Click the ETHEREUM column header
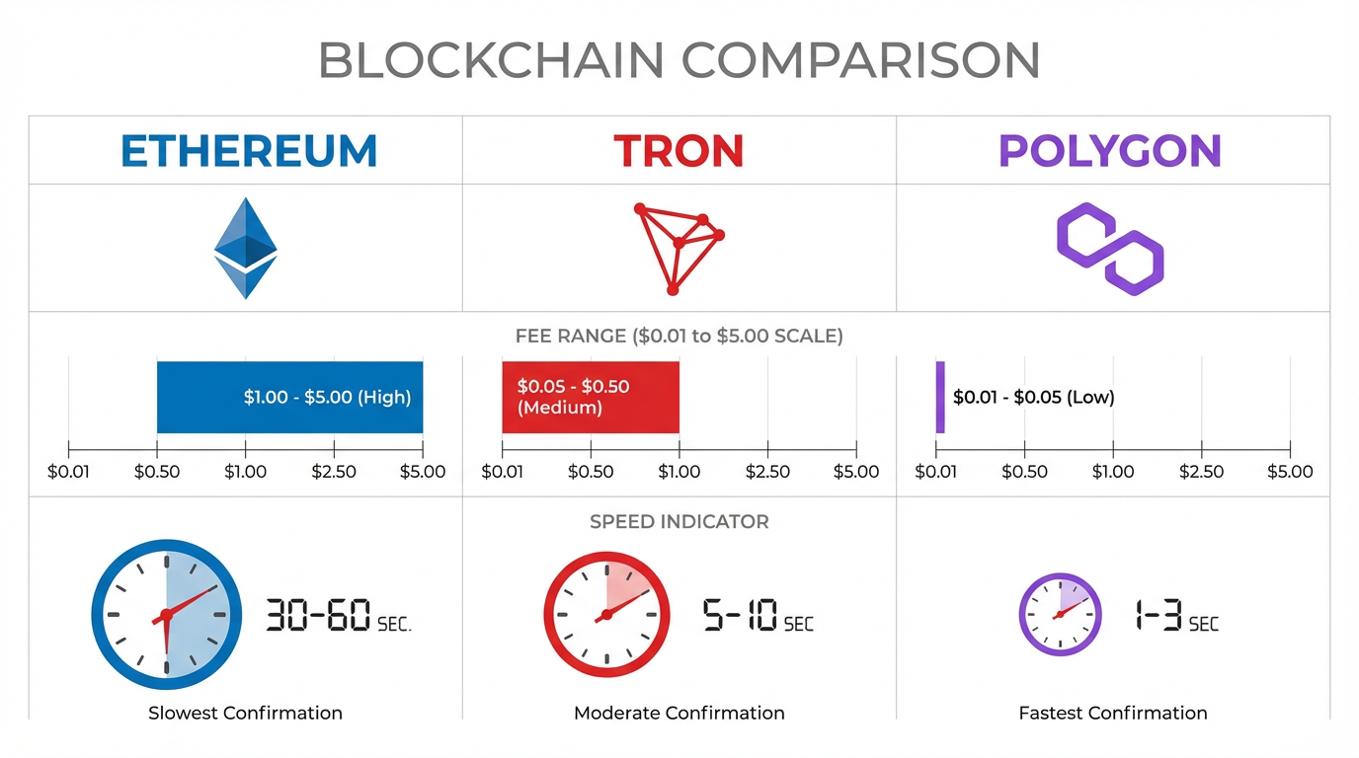[x=249, y=151]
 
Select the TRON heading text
[x=679, y=151]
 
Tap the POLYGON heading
[x=1110, y=151]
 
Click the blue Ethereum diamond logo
[x=246, y=248]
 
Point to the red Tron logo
[x=678, y=248]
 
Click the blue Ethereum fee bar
[x=289, y=397]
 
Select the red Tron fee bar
[x=590, y=397]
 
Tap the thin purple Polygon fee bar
[x=940, y=397]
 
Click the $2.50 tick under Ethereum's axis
[x=334, y=471]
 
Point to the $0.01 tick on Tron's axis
[x=502, y=471]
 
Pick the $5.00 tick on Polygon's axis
[x=1290, y=471]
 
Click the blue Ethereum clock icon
[x=166, y=614]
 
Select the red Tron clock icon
[x=606, y=614]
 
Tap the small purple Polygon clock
[x=1060, y=614]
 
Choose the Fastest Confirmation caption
[x=1112, y=713]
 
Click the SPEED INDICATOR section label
[x=679, y=521]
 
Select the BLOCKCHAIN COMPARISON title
[x=679, y=61]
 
